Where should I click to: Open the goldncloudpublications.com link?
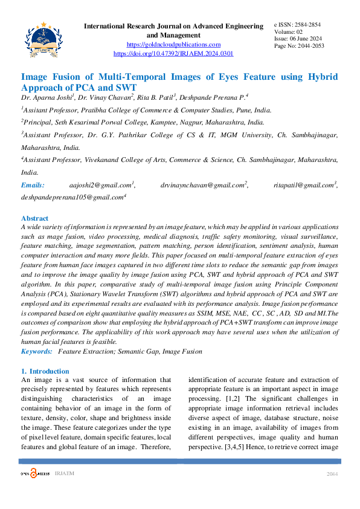pos(173,45)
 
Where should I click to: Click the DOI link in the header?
pos(173,54)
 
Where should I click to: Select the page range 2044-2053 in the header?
pos(308,46)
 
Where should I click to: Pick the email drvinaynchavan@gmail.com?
pos(204,185)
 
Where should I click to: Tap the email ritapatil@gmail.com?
pos(304,185)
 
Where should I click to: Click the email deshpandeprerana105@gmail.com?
pos(72,197)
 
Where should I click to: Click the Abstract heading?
pos(34,218)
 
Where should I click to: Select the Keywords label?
pos(36,351)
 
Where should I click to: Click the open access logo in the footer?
pos(33,473)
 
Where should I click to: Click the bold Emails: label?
pos(33,185)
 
